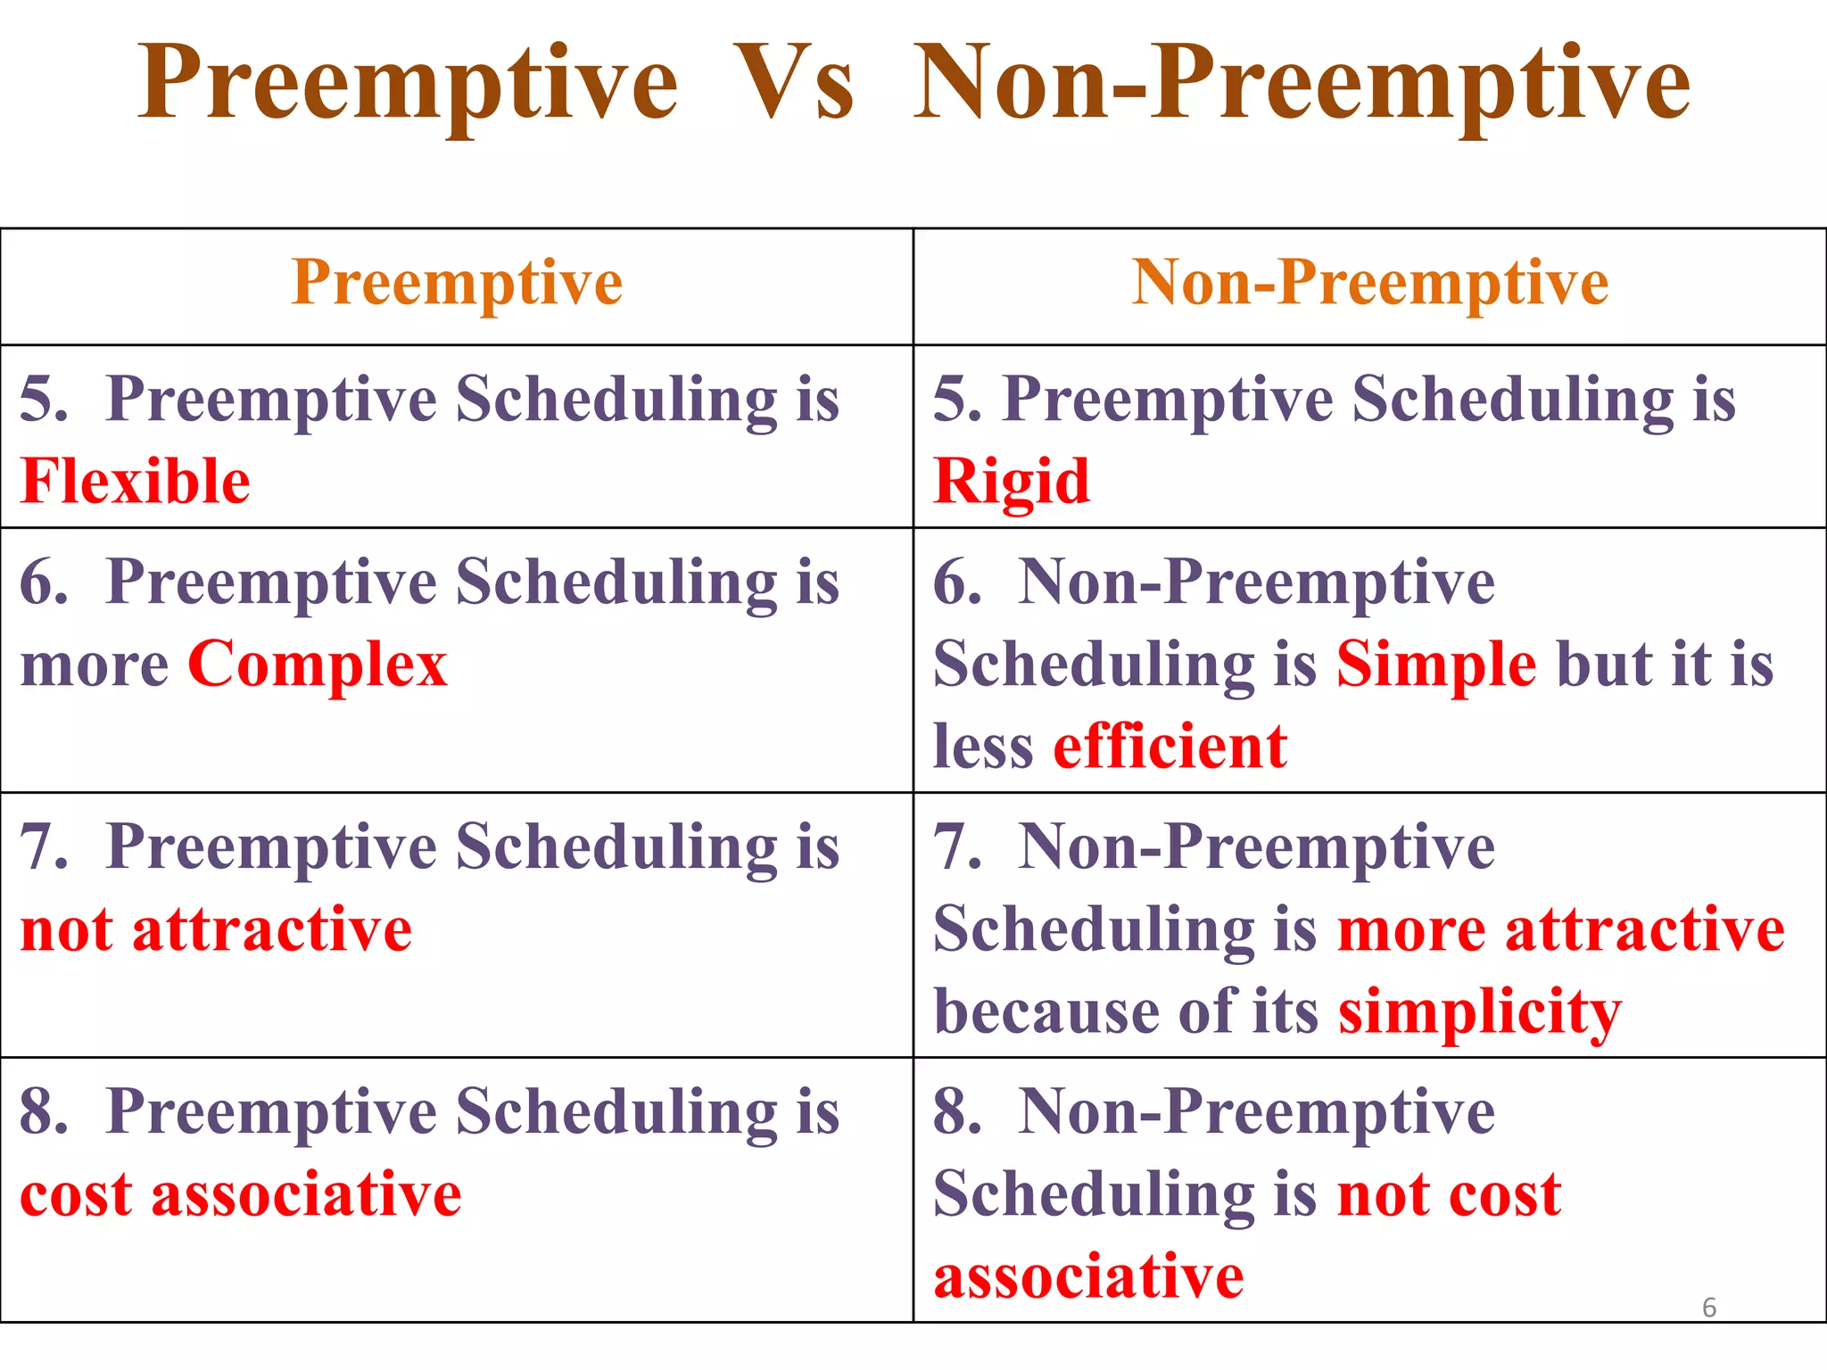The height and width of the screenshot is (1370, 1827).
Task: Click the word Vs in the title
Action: [794, 85]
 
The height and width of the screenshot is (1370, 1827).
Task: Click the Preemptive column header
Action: [457, 284]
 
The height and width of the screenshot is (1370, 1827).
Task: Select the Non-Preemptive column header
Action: [1370, 284]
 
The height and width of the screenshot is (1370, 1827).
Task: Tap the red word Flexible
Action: [135, 482]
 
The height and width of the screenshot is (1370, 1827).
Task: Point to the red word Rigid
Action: [1012, 482]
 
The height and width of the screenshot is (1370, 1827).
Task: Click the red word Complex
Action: [318, 665]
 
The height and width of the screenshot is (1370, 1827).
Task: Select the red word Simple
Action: [1436, 665]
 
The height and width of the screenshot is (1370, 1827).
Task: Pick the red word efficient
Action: [1170, 747]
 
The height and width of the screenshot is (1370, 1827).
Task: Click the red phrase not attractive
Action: [216, 930]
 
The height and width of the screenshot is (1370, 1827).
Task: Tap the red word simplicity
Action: [1479, 1012]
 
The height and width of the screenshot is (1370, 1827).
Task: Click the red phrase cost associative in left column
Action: [241, 1195]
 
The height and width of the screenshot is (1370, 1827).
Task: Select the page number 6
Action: [1709, 1308]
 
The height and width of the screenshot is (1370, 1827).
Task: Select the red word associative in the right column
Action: [1088, 1276]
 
